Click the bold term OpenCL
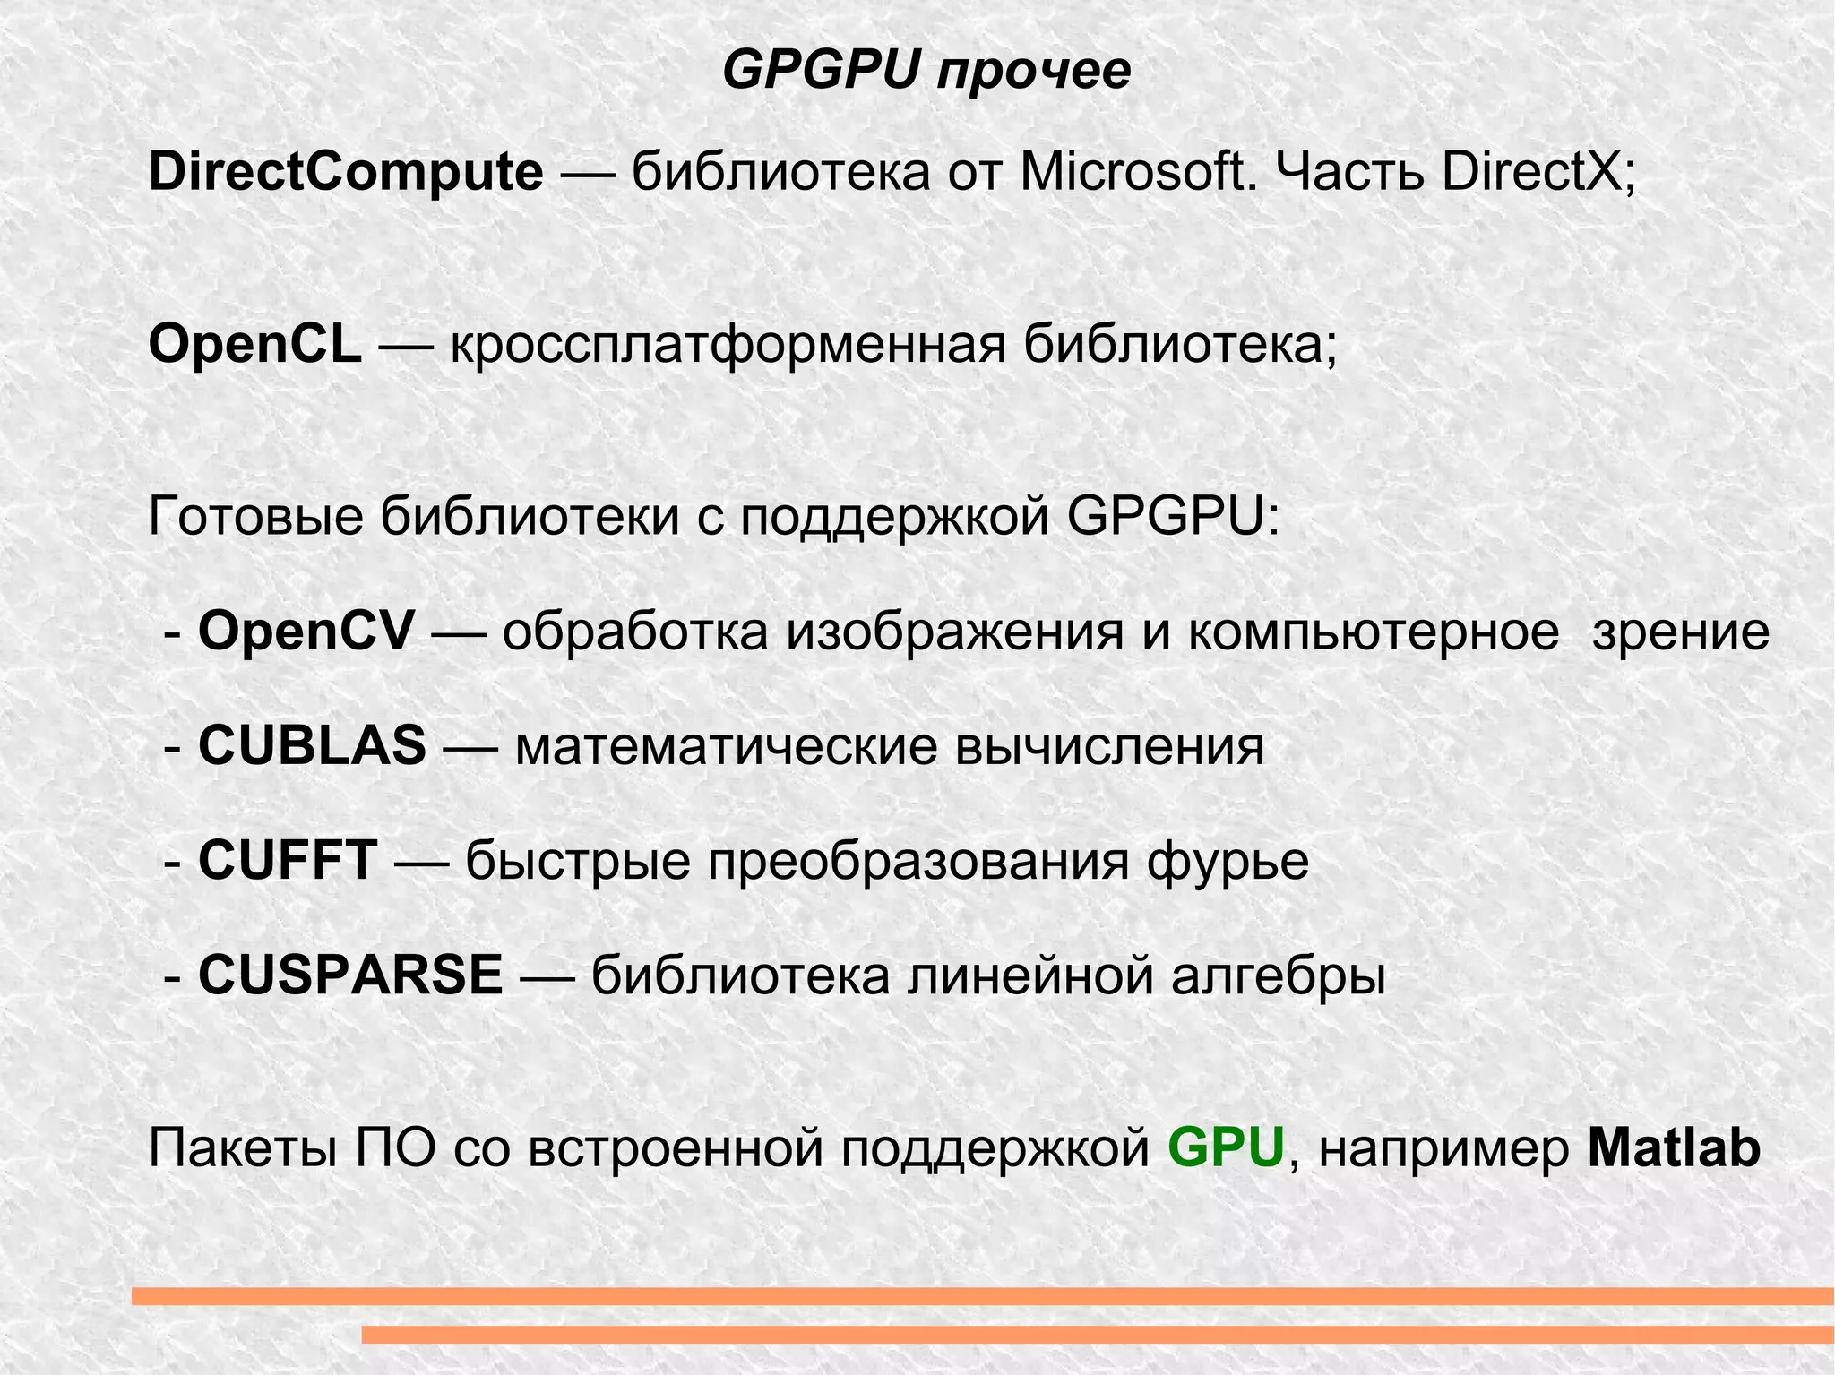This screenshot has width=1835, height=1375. [x=255, y=344]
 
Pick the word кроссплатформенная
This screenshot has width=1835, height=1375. [x=728, y=346]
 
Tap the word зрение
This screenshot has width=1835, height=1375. [x=1680, y=632]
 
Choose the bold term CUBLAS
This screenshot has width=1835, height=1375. [x=312, y=746]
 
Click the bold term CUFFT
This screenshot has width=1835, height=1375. [x=288, y=861]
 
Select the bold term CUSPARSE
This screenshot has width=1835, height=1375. [x=350, y=975]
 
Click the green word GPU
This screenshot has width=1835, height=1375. [x=1227, y=1148]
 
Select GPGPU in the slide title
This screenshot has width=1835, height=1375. [x=821, y=71]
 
